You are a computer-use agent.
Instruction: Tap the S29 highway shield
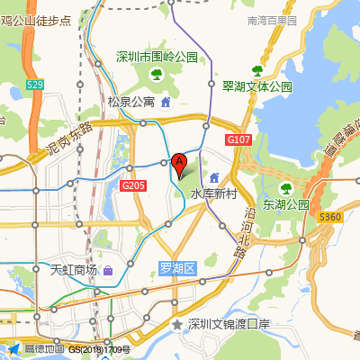tap(34, 85)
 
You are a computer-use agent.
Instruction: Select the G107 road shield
tap(238, 140)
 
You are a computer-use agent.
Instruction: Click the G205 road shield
tap(133, 184)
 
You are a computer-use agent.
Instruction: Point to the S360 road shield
tap(330, 217)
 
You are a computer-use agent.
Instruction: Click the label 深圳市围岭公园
tap(157, 58)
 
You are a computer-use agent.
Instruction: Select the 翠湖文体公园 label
tap(257, 87)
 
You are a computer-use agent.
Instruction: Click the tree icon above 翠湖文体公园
tap(257, 70)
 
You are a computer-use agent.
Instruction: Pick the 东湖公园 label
tap(286, 204)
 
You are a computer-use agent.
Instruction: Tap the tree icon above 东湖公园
tap(286, 188)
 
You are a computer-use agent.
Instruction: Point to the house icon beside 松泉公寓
tap(166, 101)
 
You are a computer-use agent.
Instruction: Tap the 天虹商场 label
tap(72, 270)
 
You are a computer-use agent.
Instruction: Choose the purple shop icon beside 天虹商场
tap(108, 270)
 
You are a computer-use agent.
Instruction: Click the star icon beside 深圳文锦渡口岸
tap(177, 324)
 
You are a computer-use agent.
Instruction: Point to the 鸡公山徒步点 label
tap(36, 19)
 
